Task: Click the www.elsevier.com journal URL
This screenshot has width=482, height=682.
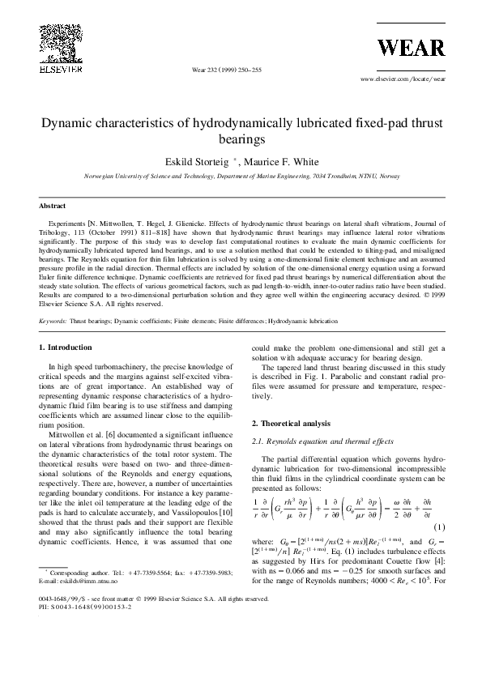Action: pos(402,80)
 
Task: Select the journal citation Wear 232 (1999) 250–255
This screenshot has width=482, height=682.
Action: pos(227,71)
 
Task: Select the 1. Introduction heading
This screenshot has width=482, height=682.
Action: pos(66,347)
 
